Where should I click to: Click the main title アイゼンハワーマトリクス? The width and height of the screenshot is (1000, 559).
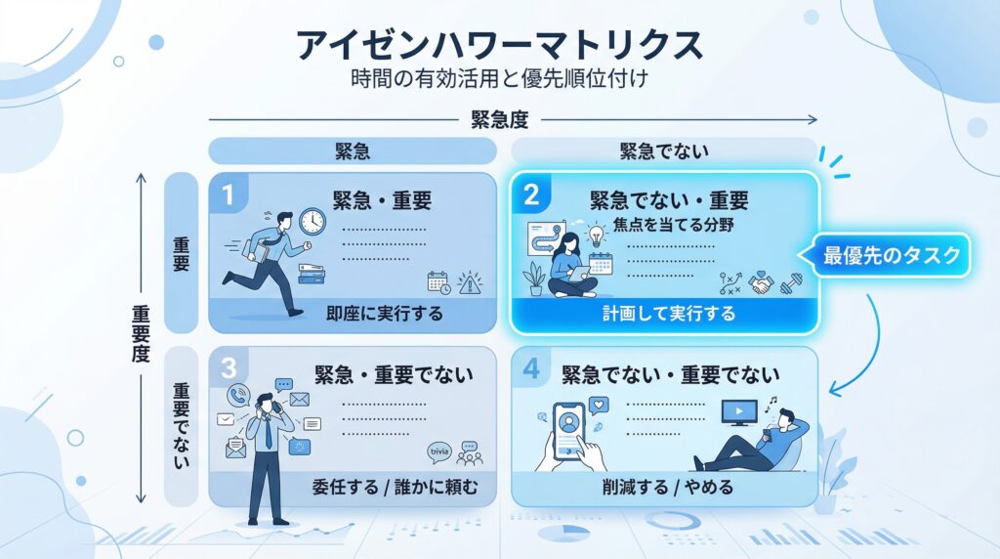[x=499, y=45]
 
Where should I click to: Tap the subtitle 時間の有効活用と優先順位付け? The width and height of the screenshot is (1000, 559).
[x=499, y=78]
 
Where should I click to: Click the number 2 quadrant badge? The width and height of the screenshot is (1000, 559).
[x=530, y=194]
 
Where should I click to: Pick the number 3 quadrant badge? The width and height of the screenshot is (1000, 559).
[x=228, y=368]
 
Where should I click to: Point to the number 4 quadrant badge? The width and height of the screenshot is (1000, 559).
[x=530, y=368]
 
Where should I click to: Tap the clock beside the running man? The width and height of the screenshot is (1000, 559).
[x=312, y=222]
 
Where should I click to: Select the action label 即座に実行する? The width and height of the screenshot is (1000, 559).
[x=385, y=314]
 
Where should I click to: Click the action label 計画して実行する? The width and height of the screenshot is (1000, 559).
[x=669, y=314]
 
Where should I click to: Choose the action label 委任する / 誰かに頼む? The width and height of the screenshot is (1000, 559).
[x=395, y=487]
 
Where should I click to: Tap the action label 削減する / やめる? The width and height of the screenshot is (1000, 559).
[x=668, y=487]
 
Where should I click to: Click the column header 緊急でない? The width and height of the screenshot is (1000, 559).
[x=664, y=151]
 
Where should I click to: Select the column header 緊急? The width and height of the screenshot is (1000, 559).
[x=353, y=151]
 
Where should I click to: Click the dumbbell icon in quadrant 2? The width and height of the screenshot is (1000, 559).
[x=791, y=282]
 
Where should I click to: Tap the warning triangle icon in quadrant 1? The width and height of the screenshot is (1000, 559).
[x=470, y=282]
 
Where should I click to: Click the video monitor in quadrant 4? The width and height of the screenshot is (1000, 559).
[x=738, y=412]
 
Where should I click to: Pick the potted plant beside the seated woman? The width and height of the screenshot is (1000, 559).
[x=534, y=279]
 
